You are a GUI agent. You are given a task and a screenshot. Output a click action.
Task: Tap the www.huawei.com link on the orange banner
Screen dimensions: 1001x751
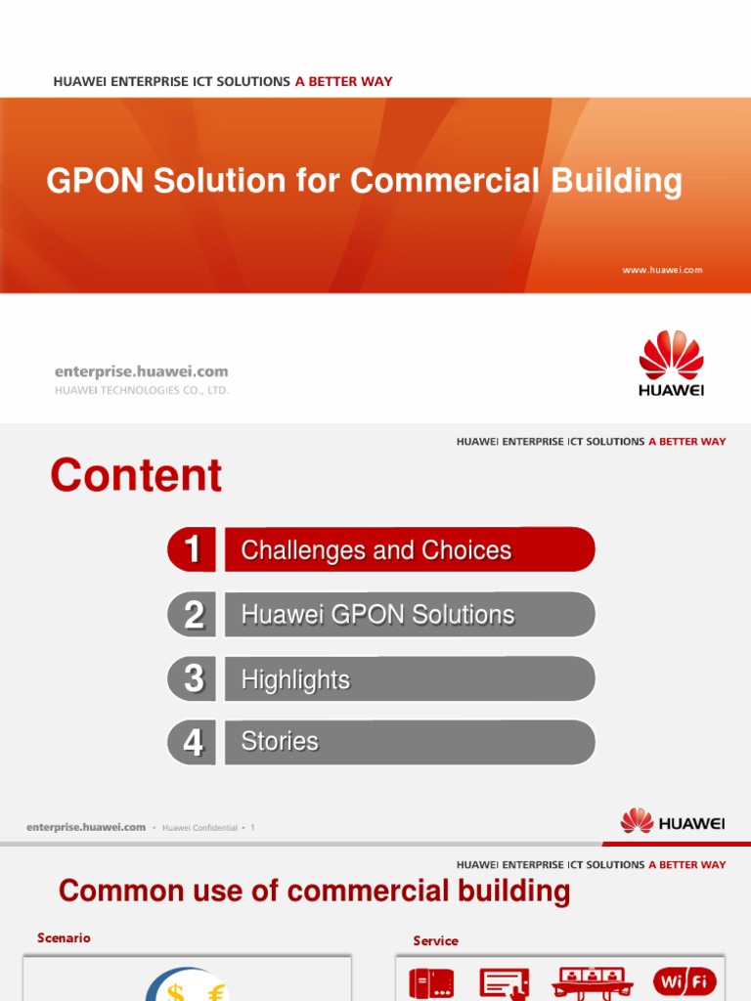[x=662, y=270]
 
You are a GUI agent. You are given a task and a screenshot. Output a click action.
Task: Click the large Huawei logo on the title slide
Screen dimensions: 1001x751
[x=671, y=363]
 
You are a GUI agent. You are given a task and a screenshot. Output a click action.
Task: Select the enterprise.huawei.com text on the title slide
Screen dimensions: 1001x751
[x=141, y=371]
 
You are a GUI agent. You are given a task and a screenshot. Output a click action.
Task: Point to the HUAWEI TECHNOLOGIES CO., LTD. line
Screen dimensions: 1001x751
[x=141, y=390]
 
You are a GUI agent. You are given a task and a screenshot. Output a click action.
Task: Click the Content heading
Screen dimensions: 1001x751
[x=136, y=476]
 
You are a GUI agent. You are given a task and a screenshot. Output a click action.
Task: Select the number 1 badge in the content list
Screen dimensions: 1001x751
[x=193, y=549]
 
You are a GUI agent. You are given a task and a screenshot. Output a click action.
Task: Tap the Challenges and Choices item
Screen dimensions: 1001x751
[x=376, y=550]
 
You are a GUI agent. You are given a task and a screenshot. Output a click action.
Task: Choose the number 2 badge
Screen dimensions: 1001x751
[x=193, y=615]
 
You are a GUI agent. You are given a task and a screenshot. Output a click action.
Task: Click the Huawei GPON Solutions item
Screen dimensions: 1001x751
[x=377, y=615]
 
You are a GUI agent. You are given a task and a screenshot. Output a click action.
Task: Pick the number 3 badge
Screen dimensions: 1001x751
[x=193, y=678]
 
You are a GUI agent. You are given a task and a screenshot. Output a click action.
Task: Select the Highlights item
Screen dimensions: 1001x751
[x=295, y=679]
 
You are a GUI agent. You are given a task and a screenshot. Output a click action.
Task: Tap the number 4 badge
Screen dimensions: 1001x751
[x=193, y=743]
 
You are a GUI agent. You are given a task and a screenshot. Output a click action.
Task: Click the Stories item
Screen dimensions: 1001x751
[x=280, y=742]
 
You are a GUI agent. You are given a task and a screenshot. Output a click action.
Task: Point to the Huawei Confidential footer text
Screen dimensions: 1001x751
[x=199, y=828]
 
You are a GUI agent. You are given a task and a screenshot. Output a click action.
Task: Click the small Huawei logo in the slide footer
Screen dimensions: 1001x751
[x=673, y=822]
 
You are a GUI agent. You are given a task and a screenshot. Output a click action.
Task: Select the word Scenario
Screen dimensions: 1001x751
[x=64, y=937]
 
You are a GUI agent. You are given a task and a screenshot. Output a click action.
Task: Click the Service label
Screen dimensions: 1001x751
[x=435, y=940]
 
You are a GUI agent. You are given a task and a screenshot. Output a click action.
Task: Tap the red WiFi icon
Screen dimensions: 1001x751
[x=685, y=981]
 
